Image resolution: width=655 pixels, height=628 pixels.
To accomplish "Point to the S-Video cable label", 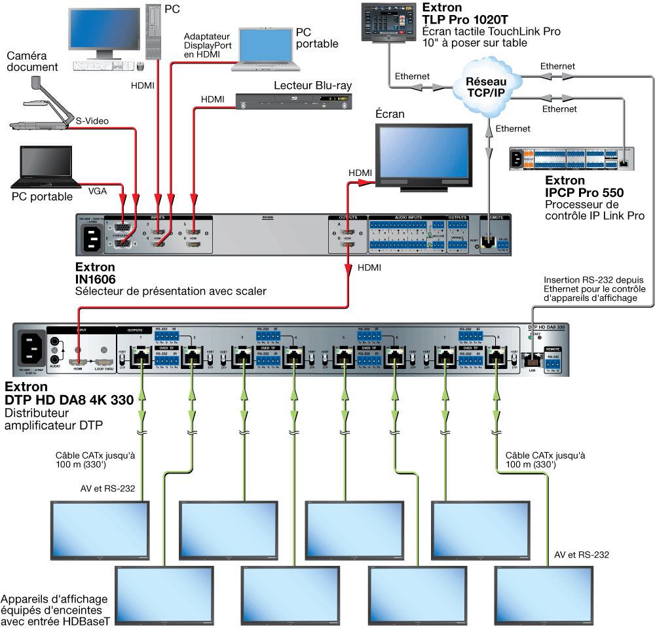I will pyautogui.click(x=92, y=120).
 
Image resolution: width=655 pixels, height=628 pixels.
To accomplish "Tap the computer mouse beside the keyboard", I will pyautogui.click(x=140, y=65).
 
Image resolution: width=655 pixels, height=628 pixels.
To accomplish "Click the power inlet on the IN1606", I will pyautogui.click(x=92, y=237).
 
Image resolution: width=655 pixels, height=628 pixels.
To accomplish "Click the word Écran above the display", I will pyautogui.click(x=390, y=114).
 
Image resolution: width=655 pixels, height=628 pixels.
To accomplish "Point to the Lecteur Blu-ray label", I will pyautogui.click(x=312, y=86).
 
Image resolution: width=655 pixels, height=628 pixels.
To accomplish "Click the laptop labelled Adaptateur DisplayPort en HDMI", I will pyautogui.click(x=269, y=49).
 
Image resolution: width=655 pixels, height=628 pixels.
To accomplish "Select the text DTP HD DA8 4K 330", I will pyautogui.click(x=69, y=400).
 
